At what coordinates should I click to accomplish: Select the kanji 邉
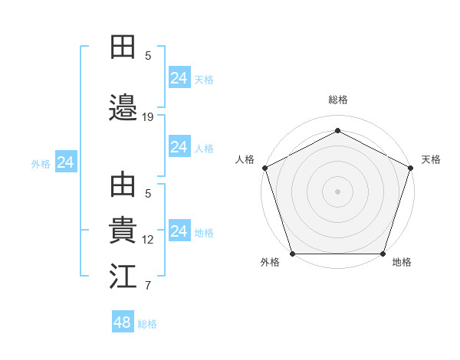click(123, 108)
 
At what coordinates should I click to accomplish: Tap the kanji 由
click(123, 186)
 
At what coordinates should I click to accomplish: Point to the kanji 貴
click(123, 231)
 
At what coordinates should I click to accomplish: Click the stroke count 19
click(148, 117)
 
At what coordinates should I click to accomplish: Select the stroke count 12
click(148, 239)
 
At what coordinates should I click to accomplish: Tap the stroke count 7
click(148, 286)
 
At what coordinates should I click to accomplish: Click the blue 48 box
click(123, 322)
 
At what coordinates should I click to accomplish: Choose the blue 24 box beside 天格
click(179, 78)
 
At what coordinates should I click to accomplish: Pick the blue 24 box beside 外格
click(65, 162)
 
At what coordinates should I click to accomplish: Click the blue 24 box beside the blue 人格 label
click(179, 147)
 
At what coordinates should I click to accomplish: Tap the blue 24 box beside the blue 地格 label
click(179, 231)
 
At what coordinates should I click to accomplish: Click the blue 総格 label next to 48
click(147, 324)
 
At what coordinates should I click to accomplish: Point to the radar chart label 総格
click(337, 100)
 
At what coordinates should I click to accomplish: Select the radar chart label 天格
click(431, 159)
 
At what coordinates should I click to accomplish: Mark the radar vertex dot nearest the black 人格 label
click(265, 168)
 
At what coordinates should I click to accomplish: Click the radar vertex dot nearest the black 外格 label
click(293, 254)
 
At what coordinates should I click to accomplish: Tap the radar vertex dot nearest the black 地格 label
click(383, 254)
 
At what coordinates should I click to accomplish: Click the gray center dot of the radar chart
click(337, 191)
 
